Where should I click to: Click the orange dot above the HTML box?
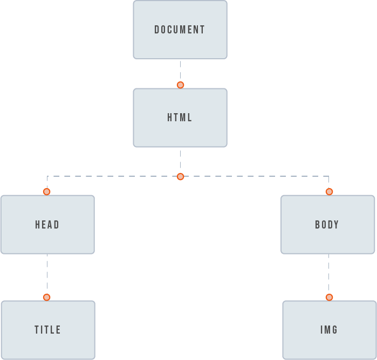[181, 85]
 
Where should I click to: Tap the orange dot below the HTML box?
[181, 177]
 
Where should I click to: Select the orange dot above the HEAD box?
[47, 192]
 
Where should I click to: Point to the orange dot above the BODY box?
[329, 192]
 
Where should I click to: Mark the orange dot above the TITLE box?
[47, 297]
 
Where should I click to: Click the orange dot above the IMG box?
[329, 297]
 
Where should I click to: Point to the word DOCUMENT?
[180, 30]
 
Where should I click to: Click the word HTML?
[180, 117]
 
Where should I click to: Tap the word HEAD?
[47, 225]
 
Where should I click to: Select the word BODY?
[327, 225]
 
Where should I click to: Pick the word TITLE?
[47, 330]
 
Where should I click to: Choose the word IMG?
[329, 330]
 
